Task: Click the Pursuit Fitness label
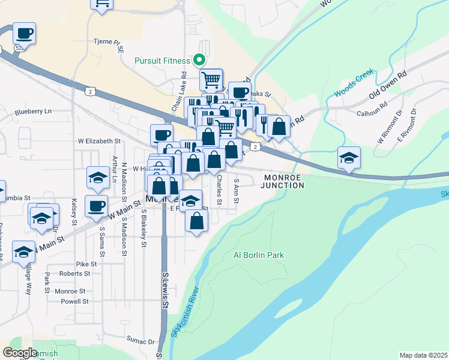click(162, 61)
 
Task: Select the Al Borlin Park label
click(258, 255)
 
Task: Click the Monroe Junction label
click(282, 181)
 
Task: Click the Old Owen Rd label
click(388, 85)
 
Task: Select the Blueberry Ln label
click(34, 112)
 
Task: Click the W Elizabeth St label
click(99, 141)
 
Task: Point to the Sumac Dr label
click(140, 341)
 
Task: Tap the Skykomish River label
click(185, 310)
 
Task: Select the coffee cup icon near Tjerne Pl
click(24, 32)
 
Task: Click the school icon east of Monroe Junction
click(349, 157)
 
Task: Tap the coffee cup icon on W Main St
click(96, 206)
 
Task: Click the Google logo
click(20, 352)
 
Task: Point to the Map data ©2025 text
click(423, 355)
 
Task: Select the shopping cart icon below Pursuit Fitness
click(211, 79)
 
